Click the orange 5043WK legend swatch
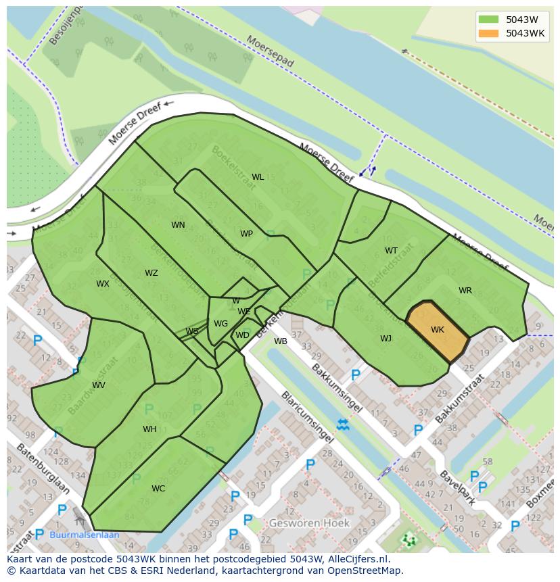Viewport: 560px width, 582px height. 488,33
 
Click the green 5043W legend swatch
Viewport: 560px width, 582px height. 488,20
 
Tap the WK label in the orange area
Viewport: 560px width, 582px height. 438,330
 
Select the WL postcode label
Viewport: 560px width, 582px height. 258,177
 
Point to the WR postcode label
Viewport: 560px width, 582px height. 465,291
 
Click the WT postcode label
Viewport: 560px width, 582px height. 392,251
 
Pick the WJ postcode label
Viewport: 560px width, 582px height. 386,339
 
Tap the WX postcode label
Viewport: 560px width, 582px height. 102,284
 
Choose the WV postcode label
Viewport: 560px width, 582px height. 99,385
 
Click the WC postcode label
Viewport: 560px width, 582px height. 158,489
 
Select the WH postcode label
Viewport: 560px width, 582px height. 149,429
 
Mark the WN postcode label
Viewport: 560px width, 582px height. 178,225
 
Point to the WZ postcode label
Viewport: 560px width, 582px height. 151,273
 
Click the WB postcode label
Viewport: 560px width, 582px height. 281,341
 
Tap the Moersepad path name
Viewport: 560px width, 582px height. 271,51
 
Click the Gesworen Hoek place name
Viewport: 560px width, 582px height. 309,523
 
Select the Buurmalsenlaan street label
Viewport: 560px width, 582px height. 85,535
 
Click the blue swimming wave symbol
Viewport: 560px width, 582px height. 343,425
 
